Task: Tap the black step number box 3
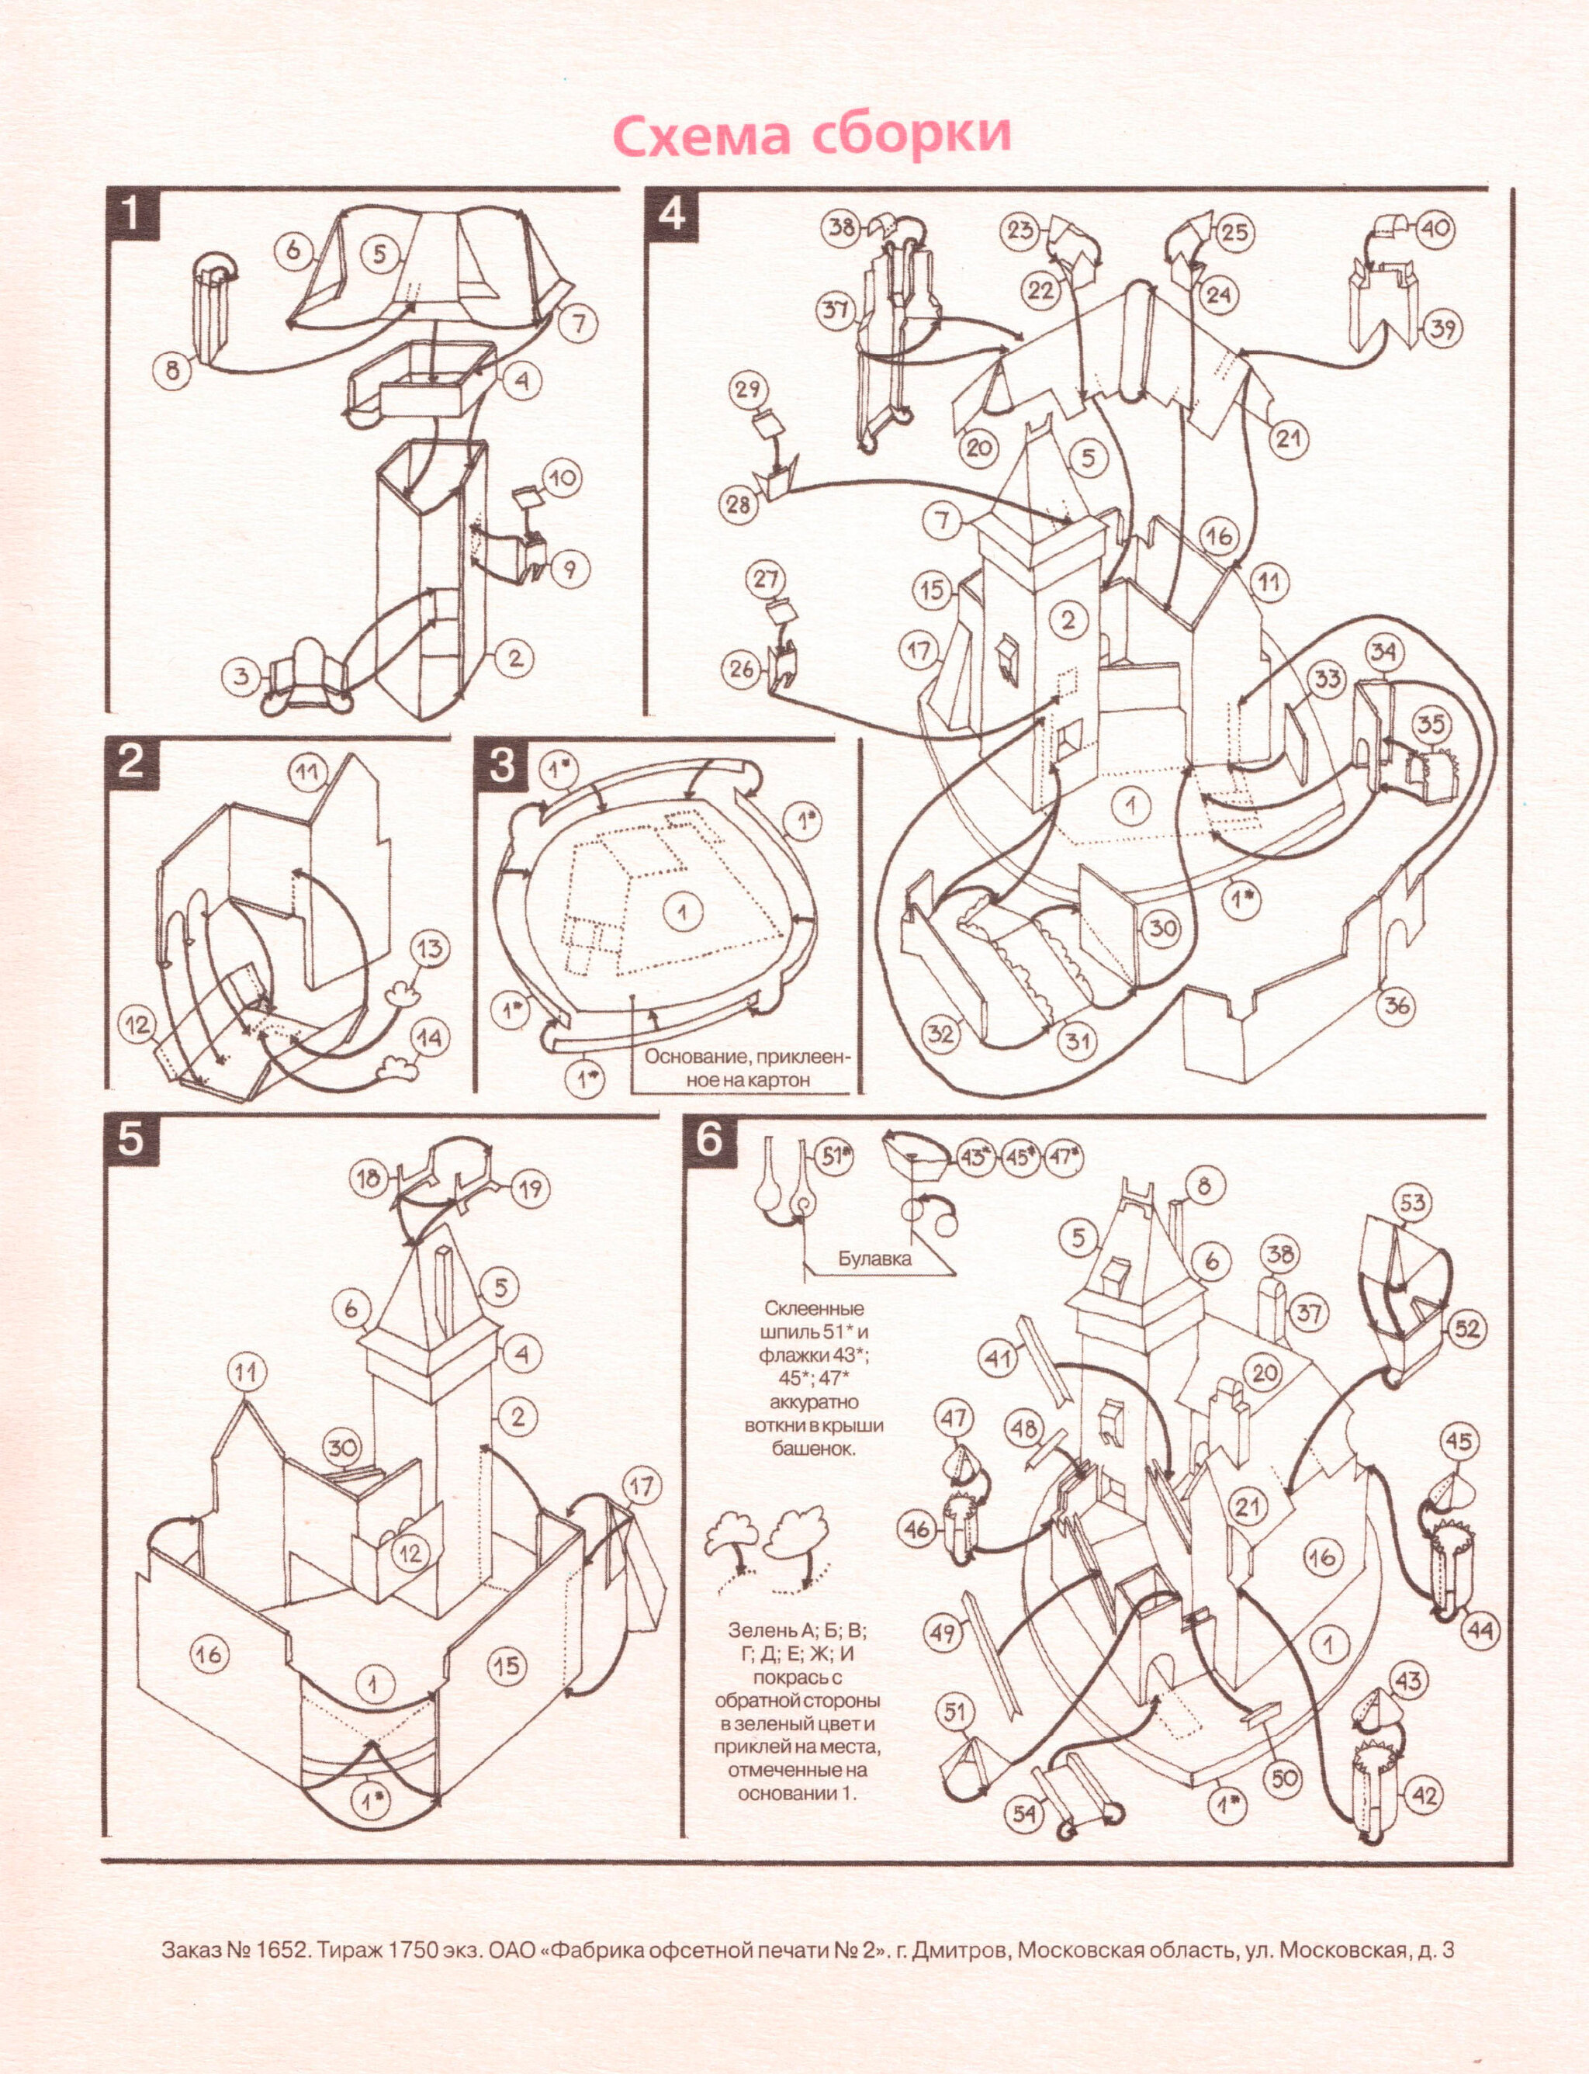(502, 763)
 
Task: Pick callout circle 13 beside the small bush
(431, 949)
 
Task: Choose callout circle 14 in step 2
(428, 1037)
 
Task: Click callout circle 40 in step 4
(1436, 228)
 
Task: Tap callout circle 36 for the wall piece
(1396, 1006)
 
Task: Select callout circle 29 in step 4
(747, 390)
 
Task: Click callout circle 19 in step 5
(531, 1189)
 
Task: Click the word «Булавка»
(875, 1258)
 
